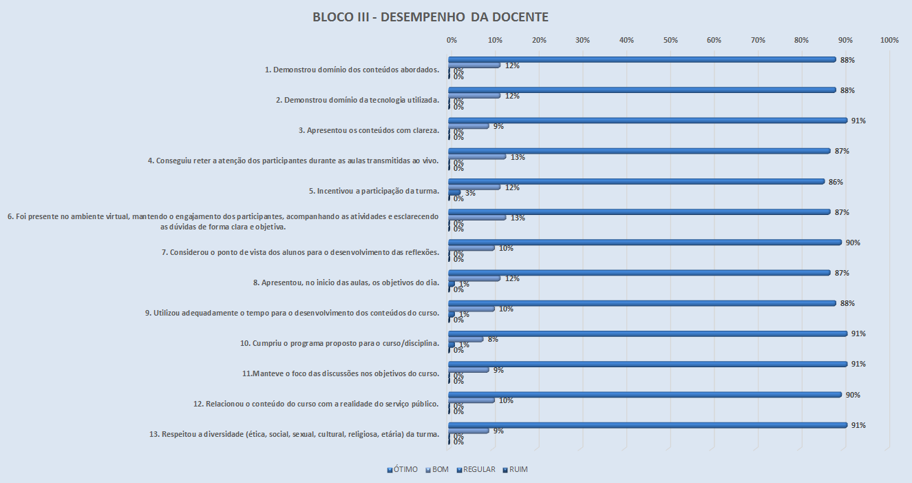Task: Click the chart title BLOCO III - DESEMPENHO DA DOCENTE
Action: pyautogui.click(x=430, y=17)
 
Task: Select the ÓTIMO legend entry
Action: pyautogui.click(x=403, y=469)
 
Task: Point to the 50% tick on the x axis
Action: pyautogui.click(x=670, y=40)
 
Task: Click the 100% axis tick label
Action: pyautogui.click(x=889, y=40)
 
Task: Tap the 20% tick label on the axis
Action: pyautogui.click(x=539, y=40)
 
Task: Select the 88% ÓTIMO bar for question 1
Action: pyautogui.click(x=641, y=60)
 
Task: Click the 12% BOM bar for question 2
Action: pyautogui.click(x=475, y=96)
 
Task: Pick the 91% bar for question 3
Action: pyautogui.click(x=648, y=121)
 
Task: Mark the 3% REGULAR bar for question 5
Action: pyautogui.click(x=455, y=193)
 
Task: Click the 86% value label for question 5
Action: pyautogui.click(x=836, y=182)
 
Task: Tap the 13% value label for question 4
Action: pyautogui.click(x=518, y=157)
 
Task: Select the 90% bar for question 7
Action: pyautogui.click(x=646, y=243)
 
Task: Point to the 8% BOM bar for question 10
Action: pyautogui.click(x=466, y=339)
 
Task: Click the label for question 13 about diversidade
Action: pyautogui.click(x=294, y=435)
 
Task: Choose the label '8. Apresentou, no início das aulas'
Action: pyautogui.click(x=346, y=282)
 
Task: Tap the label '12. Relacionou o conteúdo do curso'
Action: pyautogui.click(x=322, y=404)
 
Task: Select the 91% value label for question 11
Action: pyautogui.click(x=858, y=364)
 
